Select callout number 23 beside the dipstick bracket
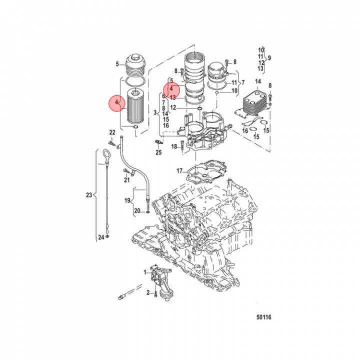(89, 195)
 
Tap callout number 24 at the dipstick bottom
(100, 237)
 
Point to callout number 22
(112, 132)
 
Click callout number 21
(127, 180)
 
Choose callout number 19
(127, 200)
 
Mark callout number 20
(137, 211)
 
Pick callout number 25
(158, 152)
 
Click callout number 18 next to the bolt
(174, 146)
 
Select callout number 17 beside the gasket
(179, 171)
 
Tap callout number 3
(155, 113)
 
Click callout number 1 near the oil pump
(145, 272)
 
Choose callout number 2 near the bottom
(148, 292)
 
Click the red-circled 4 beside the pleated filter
(117, 102)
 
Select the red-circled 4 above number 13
(171, 88)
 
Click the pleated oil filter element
(136, 108)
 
